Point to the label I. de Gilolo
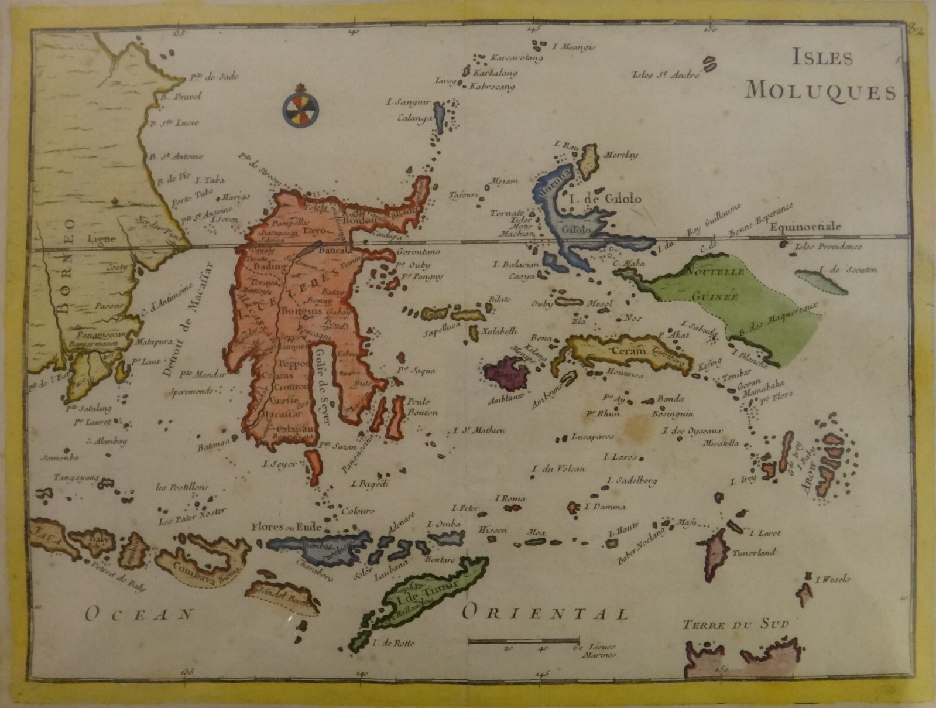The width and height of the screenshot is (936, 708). (604, 199)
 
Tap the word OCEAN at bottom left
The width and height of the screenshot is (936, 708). (139, 614)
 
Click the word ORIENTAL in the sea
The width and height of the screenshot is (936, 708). (544, 613)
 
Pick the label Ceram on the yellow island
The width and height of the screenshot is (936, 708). (627, 351)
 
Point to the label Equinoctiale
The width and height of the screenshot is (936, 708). (805, 227)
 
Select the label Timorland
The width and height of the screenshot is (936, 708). (754, 552)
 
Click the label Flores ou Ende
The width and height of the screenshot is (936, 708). (286, 526)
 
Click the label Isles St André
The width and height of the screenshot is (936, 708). (666, 75)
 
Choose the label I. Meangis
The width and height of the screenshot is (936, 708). (574, 47)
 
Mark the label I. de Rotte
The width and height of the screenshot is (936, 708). (393, 643)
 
